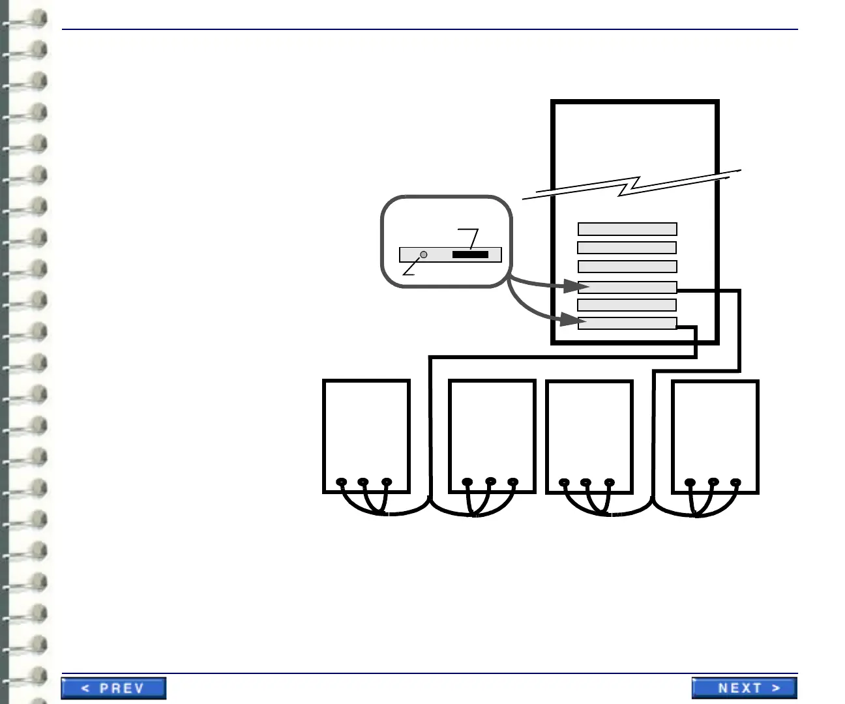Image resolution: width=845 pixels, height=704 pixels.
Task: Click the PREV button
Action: click(113, 688)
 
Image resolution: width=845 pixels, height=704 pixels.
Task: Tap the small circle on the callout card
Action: click(423, 254)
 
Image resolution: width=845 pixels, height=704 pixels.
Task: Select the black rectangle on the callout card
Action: click(470, 254)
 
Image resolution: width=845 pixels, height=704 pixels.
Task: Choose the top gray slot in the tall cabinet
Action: click(627, 229)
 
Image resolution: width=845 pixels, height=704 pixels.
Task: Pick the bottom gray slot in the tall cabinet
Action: click(627, 323)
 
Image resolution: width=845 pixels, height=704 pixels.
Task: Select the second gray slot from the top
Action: click(627, 248)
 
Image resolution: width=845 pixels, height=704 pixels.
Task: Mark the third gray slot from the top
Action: click(627, 267)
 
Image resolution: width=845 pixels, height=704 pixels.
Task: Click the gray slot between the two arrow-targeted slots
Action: click(627, 305)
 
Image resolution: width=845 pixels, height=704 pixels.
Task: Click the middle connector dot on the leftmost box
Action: click(363, 482)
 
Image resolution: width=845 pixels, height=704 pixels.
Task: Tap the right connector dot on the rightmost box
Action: click(735, 482)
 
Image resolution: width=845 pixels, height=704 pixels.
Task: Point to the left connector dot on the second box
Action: click(467, 482)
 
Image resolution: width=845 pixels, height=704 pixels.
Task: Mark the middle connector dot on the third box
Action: click(586, 482)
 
